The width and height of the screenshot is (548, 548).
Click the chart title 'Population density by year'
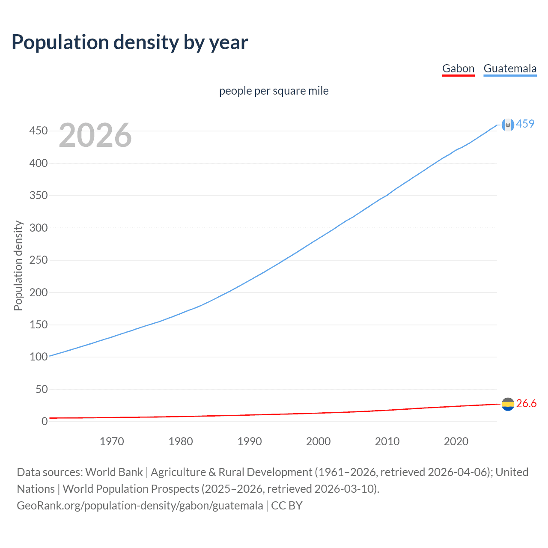tap(130, 42)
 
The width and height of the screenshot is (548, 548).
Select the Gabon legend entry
tap(458, 68)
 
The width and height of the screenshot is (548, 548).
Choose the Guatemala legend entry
tap(510, 68)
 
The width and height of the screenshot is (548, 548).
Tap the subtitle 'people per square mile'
tap(274, 91)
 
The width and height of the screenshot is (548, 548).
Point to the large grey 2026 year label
tap(95, 135)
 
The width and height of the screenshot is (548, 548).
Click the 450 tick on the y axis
tap(39, 131)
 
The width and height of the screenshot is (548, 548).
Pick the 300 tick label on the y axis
tap(39, 228)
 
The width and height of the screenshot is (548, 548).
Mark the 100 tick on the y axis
tap(39, 357)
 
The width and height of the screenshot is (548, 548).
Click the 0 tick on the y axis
tap(45, 421)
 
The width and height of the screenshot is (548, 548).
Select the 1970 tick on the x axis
tap(112, 441)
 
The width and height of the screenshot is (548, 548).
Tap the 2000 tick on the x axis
tap(318, 441)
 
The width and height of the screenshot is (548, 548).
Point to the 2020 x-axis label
tap(456, 441)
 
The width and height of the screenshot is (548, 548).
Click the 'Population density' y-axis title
tap(18, 265)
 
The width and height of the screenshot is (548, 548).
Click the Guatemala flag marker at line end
tap(508, 125)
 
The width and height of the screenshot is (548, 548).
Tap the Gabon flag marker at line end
tap(508, 404)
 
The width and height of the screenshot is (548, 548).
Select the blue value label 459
tap(525, 124)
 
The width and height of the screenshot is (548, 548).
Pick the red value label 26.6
tap(526, 404)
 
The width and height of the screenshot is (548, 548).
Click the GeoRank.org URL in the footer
tap(140, 506)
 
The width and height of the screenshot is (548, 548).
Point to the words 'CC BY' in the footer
tap(287, 506)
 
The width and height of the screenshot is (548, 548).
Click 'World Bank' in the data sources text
tap(114, 472)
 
